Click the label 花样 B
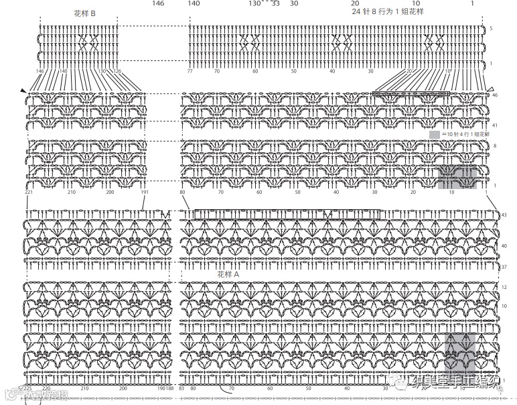84,13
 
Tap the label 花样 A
228,274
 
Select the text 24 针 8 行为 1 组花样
388,11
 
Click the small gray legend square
435,135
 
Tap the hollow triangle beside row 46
490,89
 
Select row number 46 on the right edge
494,95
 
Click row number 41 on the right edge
494,125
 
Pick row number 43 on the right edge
504,215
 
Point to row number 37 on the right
504,267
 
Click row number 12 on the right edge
504,286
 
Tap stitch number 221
29,192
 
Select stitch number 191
145,192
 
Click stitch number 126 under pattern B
117,71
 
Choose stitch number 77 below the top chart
190,71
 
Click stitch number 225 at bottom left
29,388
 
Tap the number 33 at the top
275,3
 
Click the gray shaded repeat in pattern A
461,352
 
